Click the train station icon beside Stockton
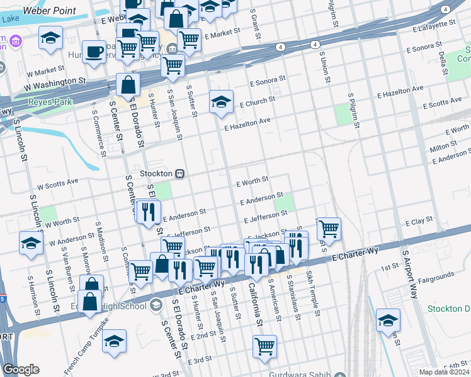180,173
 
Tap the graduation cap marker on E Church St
221,102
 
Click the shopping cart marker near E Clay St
328,229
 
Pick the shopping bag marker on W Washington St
128,85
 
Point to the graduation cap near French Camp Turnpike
114,342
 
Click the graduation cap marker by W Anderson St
31,244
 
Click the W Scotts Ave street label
57,183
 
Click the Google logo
21,369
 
